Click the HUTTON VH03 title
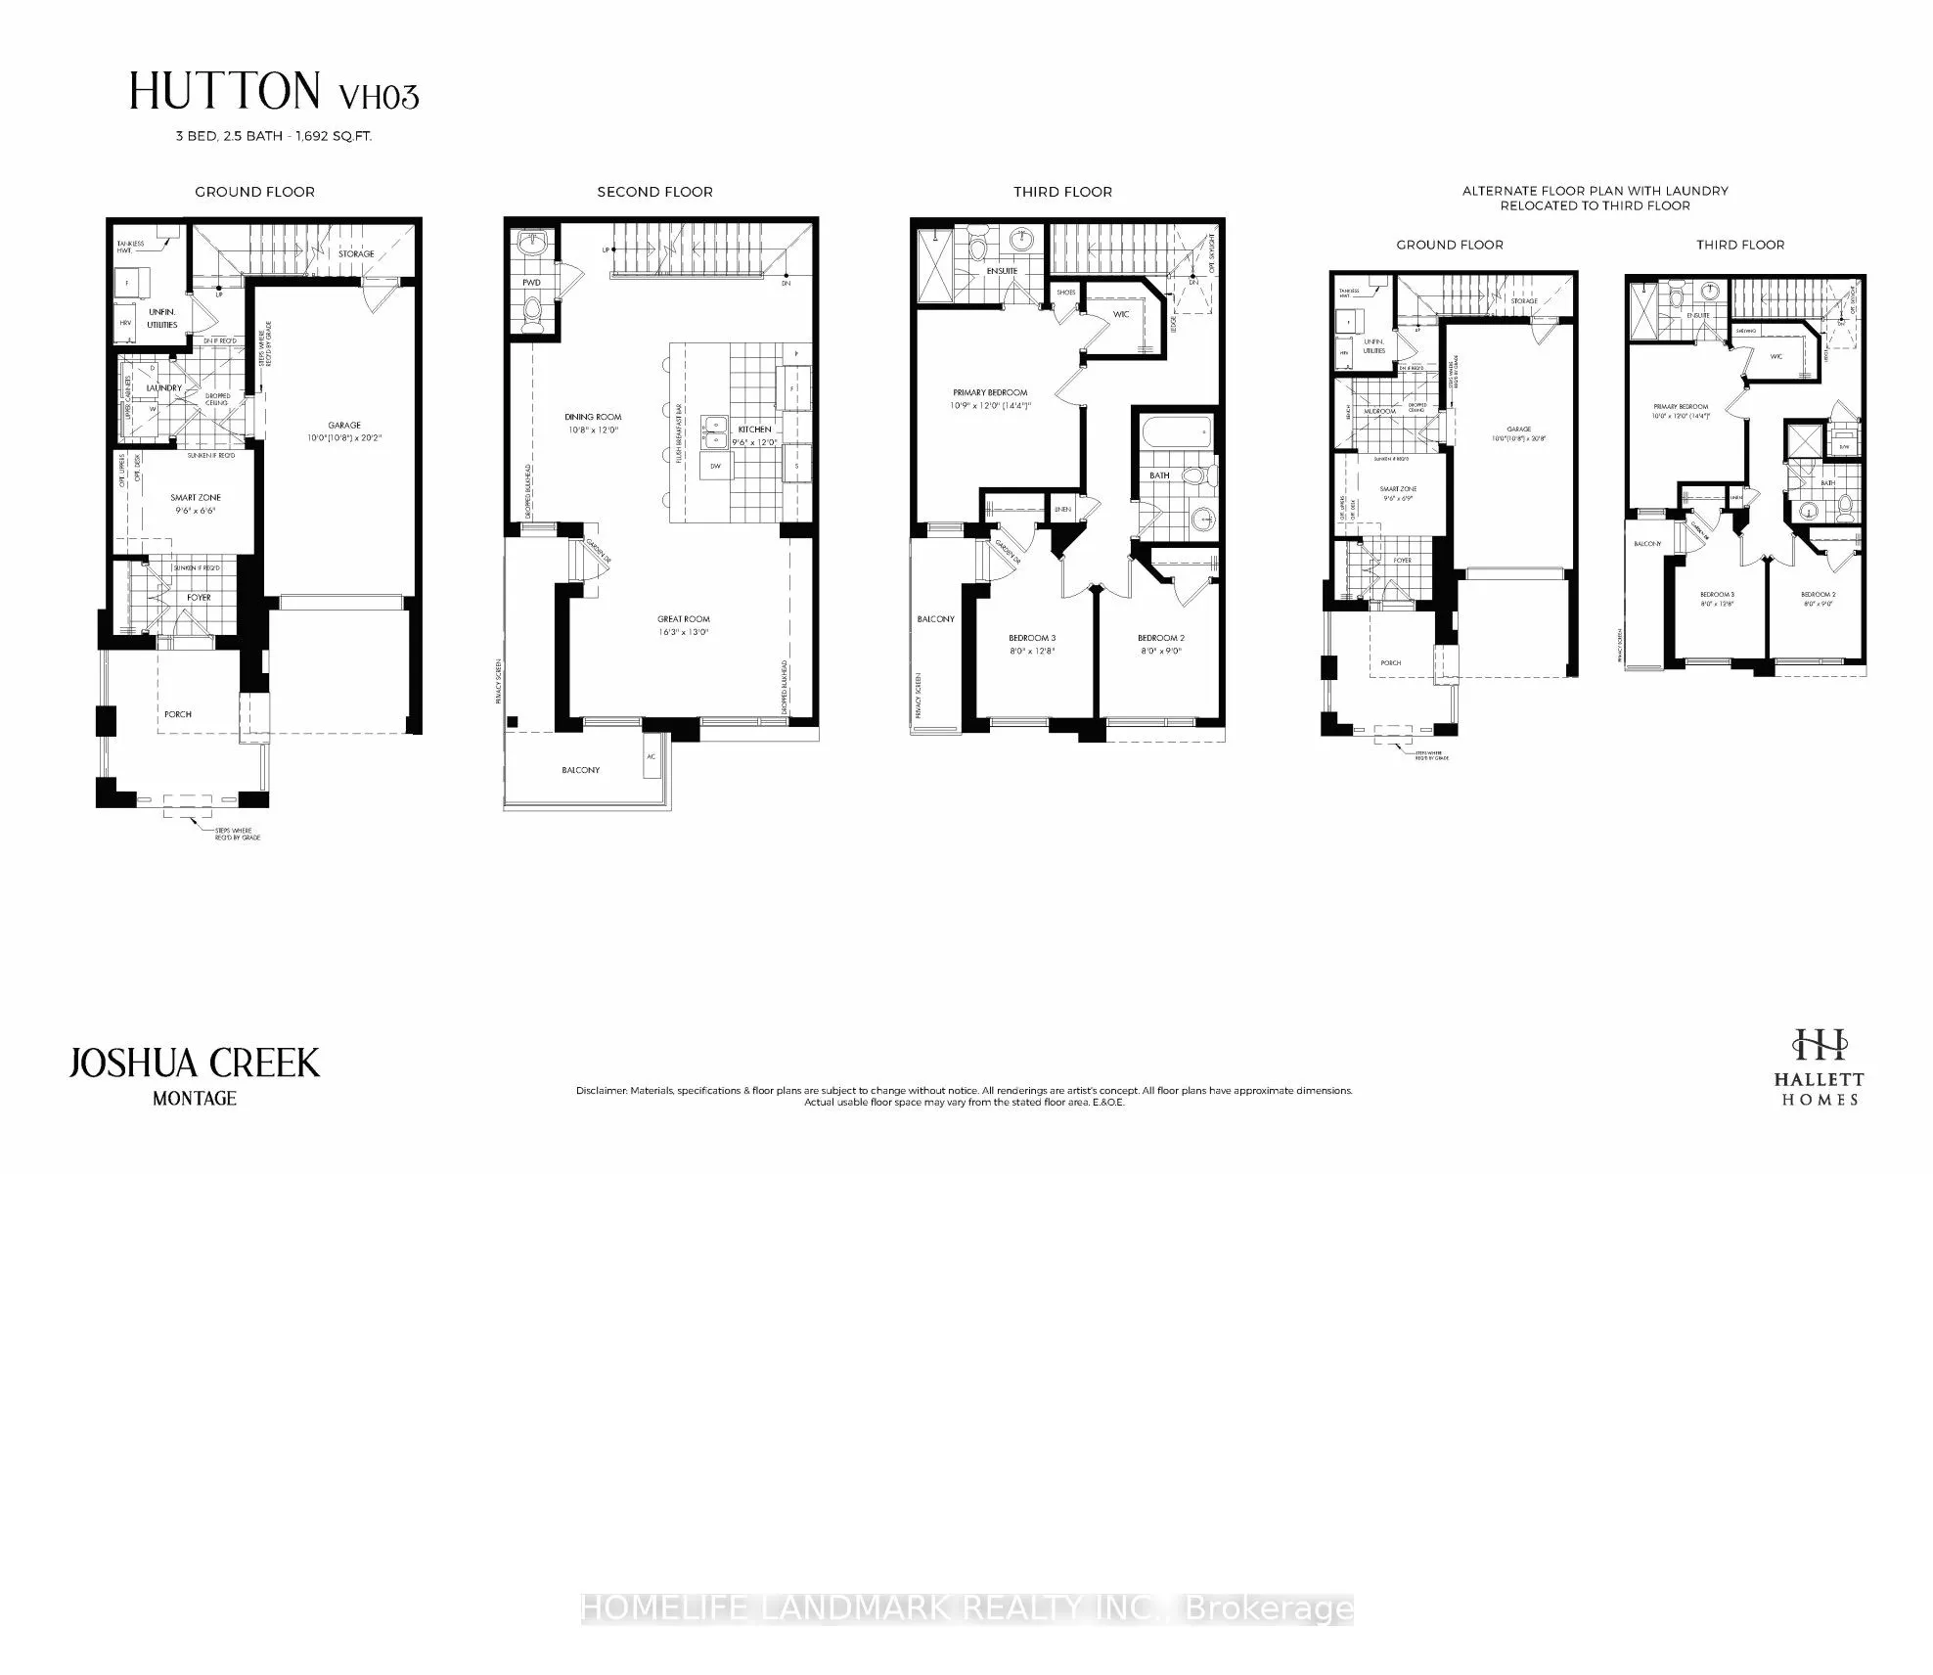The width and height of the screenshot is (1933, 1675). click(x=274, y=93)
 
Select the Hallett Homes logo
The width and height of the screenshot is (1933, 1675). click(x=1819, y=1065)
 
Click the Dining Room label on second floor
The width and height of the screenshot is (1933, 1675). click(x=593, y=417)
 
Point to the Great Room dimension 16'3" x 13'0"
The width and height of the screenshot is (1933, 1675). click(x=684, y=632)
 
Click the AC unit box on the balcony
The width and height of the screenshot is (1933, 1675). click(x=652, y=758)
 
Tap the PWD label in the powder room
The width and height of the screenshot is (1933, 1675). click(x=531, y=283)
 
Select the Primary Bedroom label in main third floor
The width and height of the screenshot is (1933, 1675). click(x=990, y=392)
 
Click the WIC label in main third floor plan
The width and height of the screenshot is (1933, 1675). click(x=1121, y=314)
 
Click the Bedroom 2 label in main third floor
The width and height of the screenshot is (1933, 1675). click(x=1160, y=638)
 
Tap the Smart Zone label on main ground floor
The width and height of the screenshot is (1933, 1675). click(x=196, y=498)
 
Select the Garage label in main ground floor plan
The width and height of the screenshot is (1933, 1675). click(x=344, y=425)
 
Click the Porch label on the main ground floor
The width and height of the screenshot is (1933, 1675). click(x=178, y=714)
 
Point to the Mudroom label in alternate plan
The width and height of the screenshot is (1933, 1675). click(x=1380, y=412)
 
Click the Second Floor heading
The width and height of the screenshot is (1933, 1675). click(x=654, y=192)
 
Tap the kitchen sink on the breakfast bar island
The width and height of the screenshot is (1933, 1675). click(x=715, y=430)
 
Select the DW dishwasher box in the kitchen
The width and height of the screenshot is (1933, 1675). click(x=715, y=467)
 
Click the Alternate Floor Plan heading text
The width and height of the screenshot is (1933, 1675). click(x=1595, y=198)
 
